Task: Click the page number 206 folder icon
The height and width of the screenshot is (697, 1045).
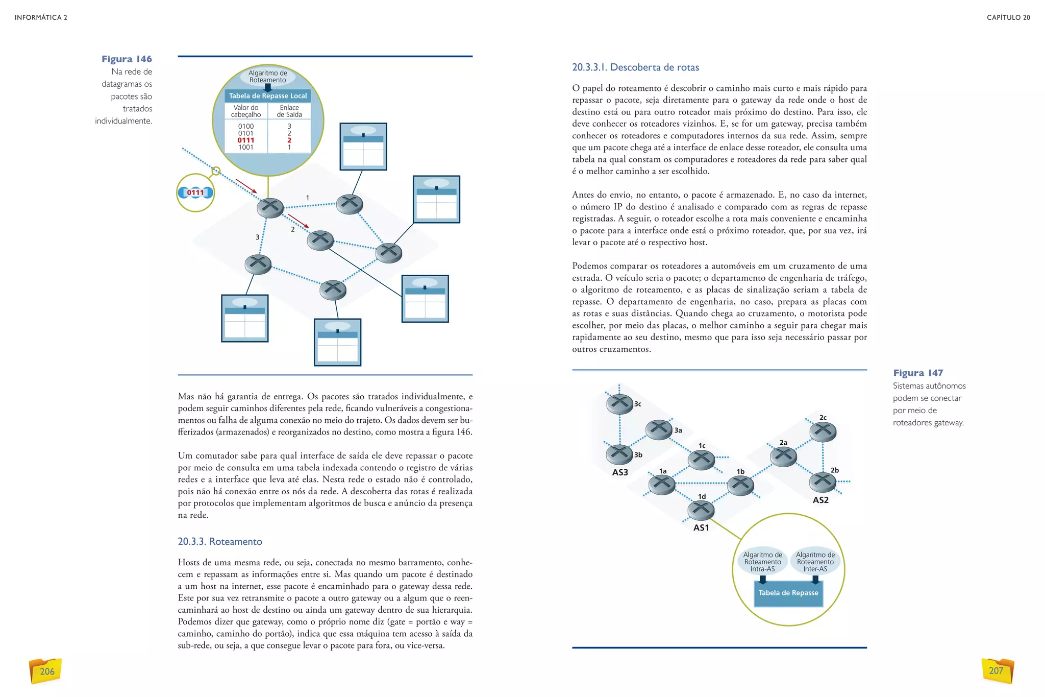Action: (x=46, y=671)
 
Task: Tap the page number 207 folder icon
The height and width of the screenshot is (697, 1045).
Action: (x=997, y=670)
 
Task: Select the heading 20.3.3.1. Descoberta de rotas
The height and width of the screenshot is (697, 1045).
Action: (x=635, y=67)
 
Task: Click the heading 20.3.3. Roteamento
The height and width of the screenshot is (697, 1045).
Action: (x=220, y=541)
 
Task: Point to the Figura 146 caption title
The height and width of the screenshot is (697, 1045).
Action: (x=127, y=59)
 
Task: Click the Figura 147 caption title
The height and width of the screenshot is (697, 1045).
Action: (x=917, y=373)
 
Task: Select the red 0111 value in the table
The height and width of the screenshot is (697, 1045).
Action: (x=245, y=140)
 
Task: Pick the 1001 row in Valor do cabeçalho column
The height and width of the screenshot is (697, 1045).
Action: (x=245, y=148)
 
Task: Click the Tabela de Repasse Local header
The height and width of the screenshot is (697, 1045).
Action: (x=268, y=96)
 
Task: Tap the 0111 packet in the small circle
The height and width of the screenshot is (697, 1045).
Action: (x=195, y=193)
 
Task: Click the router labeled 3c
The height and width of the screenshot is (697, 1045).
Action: (x=619, y=404)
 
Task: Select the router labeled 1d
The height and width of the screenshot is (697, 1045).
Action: (x=701, y=509)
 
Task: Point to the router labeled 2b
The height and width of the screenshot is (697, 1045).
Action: (x=823, y=481)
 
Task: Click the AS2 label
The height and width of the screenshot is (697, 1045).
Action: (x=820, y=500)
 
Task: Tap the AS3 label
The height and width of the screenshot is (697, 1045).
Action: (x=620, y=472)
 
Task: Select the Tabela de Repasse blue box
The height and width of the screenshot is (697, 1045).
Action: (x=788, y=593)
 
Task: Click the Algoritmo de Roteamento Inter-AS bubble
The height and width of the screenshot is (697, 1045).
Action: (x=815, y=562)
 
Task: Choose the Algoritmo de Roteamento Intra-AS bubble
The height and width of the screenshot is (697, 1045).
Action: (x=762, y=562)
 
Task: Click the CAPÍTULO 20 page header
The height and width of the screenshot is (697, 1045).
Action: (x=1008, y=17)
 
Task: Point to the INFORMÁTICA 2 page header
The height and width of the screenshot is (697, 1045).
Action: (x=41, y=17)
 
